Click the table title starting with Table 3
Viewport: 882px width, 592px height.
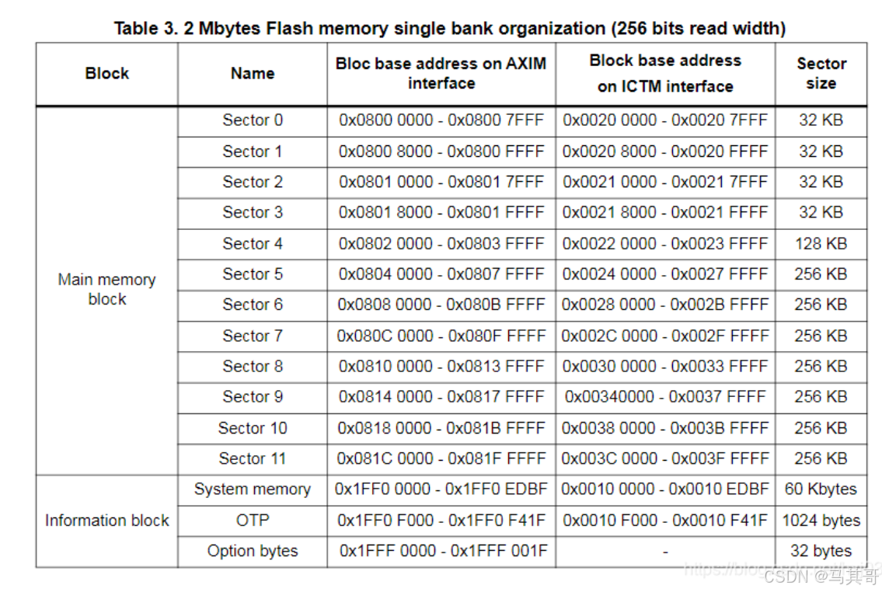pos(450,29)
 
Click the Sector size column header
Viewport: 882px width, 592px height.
pos(821,74)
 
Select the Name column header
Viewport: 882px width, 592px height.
pos(253,74)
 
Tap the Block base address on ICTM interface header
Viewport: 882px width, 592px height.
pos(665,74)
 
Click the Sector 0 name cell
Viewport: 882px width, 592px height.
pos(253,120)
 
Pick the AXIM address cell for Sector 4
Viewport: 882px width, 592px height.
pos(441,243)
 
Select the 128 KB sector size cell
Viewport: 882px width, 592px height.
pos(821,243)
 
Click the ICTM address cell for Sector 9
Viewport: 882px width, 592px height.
pos(665,397)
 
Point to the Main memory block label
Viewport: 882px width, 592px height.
pos(106,289)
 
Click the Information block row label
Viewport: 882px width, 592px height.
pos(106,521)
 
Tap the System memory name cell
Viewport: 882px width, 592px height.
pos(253,489)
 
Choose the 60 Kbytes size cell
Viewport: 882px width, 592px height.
pos(821,489)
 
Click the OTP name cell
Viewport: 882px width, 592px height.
pos(253,521)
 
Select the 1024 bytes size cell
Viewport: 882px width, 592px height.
pos(821,521)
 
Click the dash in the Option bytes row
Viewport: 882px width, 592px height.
pos(665,552)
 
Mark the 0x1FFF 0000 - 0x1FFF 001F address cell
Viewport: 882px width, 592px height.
pos(441,552)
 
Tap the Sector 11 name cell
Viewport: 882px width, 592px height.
pos(253,458)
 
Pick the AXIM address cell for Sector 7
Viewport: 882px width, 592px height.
pos(441,336)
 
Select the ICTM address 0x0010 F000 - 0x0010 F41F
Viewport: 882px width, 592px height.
pos(665,521)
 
